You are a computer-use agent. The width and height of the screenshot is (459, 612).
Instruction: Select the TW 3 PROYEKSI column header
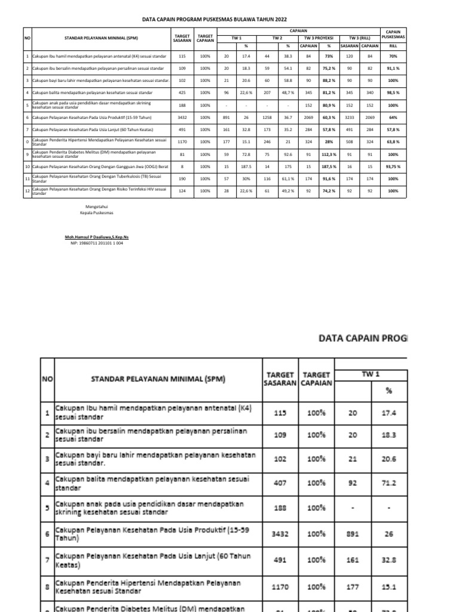coord(318,38)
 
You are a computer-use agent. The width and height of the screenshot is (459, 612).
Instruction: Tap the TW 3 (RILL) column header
coord(360,38)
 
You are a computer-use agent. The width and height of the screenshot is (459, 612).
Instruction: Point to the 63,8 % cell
coord(393,142)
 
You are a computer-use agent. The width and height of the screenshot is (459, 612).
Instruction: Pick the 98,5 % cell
coord(393,93)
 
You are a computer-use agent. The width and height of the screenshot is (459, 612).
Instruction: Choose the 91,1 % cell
coord(393,69)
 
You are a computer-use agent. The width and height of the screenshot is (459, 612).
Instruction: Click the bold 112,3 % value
coord(328,154)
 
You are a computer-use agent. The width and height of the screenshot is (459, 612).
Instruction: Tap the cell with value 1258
coord(267,118)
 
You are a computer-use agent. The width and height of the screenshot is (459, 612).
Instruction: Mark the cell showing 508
coord(348,142)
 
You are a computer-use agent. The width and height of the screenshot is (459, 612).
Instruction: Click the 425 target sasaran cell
coord(182,93)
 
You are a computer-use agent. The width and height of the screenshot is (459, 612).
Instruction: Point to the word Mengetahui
coord(99,207)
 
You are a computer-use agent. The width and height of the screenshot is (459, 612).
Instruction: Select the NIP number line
coord(97,243)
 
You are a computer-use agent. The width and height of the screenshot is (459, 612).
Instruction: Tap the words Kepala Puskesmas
coord(99,213)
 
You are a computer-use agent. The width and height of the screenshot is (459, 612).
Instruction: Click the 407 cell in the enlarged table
coord(280,482)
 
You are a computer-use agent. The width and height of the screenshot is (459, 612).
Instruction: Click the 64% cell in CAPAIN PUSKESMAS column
coord(393,118)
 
